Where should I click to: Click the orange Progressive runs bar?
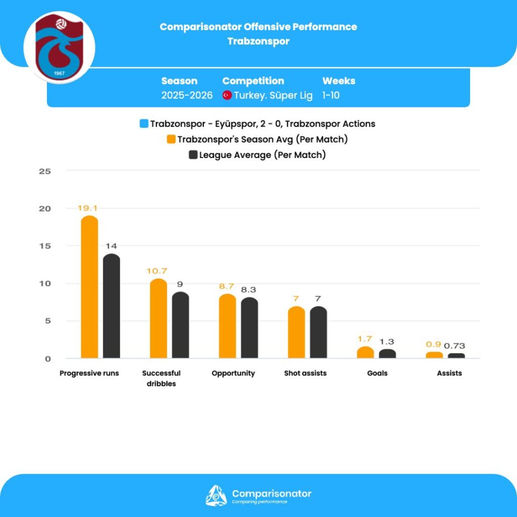point(89,287)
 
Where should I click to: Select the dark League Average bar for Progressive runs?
point(112,306)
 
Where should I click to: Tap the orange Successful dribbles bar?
point(159,319)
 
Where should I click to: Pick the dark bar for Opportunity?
point(249,328)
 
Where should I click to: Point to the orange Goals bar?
point(366,352)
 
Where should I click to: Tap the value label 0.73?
point(455,346)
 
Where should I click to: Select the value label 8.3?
point(249,290)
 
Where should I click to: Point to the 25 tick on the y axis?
point(45,171)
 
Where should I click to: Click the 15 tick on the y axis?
point(45,246)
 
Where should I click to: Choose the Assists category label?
point(449,374)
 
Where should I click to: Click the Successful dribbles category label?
point(161,378)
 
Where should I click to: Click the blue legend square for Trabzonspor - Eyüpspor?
point(144,124)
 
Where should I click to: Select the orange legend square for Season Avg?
point(172,139)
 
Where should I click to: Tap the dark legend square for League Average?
point(193,155)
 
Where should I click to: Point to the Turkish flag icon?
point(227,95)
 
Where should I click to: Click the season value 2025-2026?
point(187,95)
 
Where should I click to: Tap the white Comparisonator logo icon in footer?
point(216,495)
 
